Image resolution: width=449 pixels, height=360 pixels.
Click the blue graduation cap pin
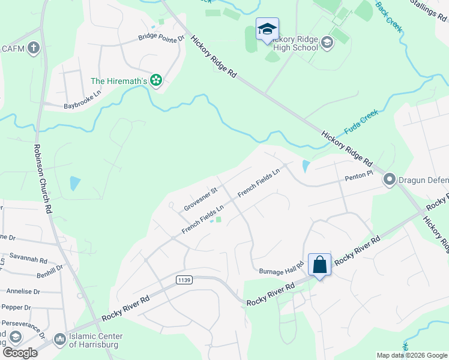267,29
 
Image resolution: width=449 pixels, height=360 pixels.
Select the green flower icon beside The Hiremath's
156,80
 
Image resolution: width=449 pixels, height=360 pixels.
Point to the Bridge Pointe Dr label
161,37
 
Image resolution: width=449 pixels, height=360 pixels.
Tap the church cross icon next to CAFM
34,47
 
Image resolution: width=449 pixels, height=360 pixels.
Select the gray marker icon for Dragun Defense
390,179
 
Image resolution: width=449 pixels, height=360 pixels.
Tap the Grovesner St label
200,198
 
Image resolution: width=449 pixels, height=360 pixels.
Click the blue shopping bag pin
319,264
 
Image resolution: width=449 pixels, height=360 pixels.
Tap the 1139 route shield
184,280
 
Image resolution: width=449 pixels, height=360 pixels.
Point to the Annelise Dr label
23,292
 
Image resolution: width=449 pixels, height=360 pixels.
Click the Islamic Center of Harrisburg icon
59,340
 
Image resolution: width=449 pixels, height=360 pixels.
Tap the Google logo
19,352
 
